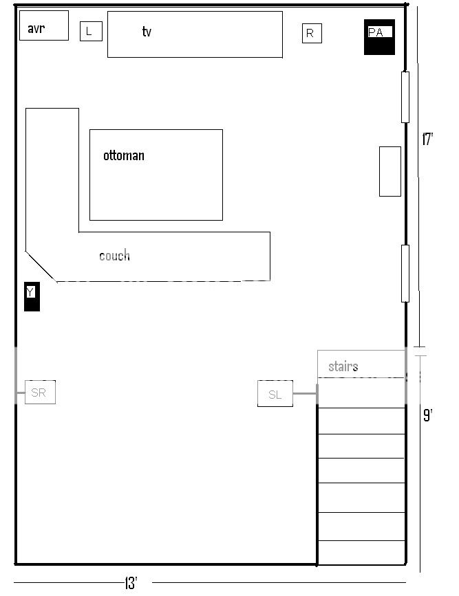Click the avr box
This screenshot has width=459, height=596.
[x=44, y=25]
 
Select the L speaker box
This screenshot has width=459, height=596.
[x=91, y=31]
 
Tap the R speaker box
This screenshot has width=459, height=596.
[x=312, y=33]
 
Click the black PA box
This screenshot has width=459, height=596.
[x=380, y=37]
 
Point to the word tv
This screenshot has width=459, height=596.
[x=147, y=32]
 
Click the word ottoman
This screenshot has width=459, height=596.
[x=124, y=156]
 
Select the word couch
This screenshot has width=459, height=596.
[x=114, y=256]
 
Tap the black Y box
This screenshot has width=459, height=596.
[x=32, y=296]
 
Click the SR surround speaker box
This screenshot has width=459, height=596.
[x=40, y=392]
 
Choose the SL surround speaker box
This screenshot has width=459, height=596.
[x=275, y=394]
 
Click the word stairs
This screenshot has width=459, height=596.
[x=343, y=366]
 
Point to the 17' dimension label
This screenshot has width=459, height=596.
[x=427, y=140]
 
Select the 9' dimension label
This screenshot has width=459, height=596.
[x=427, y=415]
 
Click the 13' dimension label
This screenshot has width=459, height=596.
[x=131, y=584]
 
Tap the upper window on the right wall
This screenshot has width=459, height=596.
[x=405, y=97]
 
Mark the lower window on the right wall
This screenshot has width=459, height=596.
[x=405, y=273]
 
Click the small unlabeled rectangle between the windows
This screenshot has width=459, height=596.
[x=390, y=171]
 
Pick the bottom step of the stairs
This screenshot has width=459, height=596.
[x=361, y=553]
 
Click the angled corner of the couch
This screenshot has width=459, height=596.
[x=41, y=266]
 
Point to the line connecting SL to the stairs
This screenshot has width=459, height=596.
[x=305, y=394]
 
